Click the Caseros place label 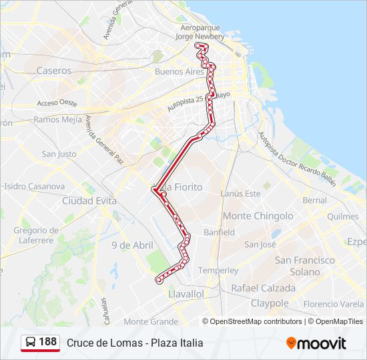[x=54, y=71]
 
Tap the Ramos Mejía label [x=57, y=120]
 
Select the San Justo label [x=59, y=154]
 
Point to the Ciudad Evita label [x=89, y=201]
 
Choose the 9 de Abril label [x=132, y=245]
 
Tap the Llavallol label [x=186, y=293]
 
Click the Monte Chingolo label [x=258, y=216]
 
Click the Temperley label [x=218, y=271]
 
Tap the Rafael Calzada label [x=263, y=288]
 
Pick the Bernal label [x=314, y=200]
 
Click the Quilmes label [x=343, y=217]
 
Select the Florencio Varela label [x=333, y=304]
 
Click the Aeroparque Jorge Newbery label [x=200, y=32]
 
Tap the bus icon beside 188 [x=31, y=343]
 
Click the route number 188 [x=47, y=342]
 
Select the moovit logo [x=316, y=343]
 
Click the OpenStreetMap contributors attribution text [x=256, y=321]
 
